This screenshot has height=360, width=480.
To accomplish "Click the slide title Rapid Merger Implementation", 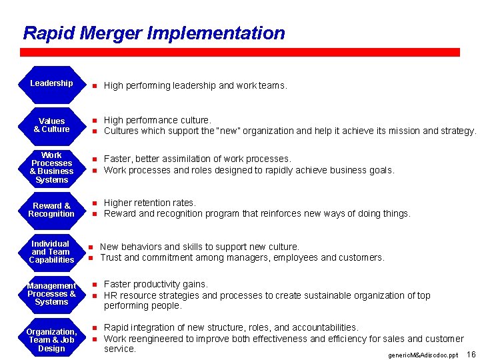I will [x=153, y=33].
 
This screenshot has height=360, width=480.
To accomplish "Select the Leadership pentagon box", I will [x=51, y=83].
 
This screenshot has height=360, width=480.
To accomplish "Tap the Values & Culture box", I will [x=51, y=125].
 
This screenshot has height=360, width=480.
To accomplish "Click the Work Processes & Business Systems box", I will [x=51, y=167].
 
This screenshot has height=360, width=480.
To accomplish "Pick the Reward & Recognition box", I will [x=51, y=210].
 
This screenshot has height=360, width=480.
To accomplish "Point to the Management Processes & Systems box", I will [x=51, y=294].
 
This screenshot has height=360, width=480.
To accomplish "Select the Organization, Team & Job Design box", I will [x=51, y=340].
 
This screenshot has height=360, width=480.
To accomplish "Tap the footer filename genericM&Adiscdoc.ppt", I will [x=423, y=355].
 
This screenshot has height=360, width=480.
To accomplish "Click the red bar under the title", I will [x=240, y=52].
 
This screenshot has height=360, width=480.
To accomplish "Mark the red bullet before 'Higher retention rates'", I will [x=95, y=203].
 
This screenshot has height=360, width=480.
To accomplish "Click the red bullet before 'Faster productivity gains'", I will [x=95, y=285].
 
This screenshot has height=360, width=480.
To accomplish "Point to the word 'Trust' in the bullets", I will [x=111, y=257].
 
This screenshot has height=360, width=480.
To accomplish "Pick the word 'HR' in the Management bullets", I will [x=111, y=295].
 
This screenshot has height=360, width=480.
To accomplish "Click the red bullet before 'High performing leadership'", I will [x=95, y=86].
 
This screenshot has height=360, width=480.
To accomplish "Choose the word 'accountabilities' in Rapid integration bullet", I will [x=326, y=327].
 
